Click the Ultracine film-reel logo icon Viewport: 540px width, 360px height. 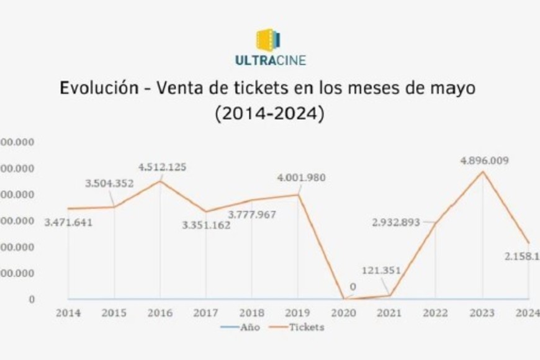269,40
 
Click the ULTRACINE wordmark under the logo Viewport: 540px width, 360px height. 270,61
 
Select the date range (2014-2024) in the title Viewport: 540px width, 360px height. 270,114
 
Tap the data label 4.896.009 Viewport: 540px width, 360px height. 485,161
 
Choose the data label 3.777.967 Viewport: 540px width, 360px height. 252,215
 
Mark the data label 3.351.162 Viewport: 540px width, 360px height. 206,225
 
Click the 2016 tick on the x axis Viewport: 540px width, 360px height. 160,313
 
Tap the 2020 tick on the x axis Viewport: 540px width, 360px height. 344,313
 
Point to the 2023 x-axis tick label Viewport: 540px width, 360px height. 482,313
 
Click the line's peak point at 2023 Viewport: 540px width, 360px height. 483,171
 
